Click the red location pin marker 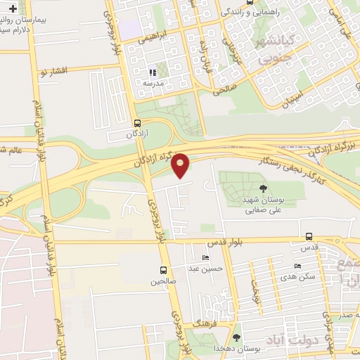click(181, 165)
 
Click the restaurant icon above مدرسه click(152, 72)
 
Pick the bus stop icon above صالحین click(164, 270)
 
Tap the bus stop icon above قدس click(309, 237)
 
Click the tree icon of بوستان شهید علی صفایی click(263, 188)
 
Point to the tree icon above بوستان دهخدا click(236, 337)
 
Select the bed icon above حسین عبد click(205, 257)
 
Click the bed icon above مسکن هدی click(297, 266)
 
